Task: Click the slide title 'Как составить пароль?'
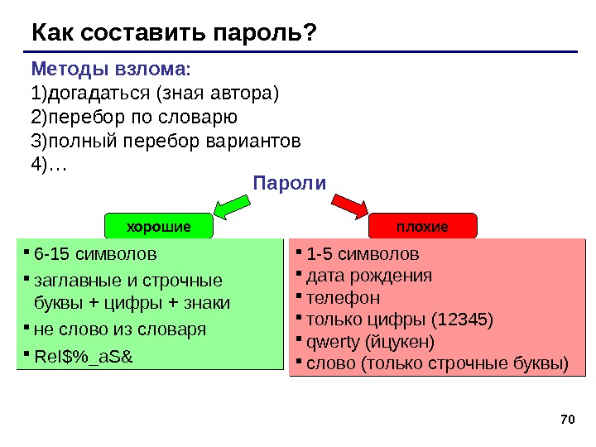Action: coord(174,33)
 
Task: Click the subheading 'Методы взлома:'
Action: coord(111,68)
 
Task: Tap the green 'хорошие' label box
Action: coord(157,225)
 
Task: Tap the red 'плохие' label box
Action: coord(422,225)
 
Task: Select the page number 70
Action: coord(567,420)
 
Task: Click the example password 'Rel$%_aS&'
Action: coord(83,357)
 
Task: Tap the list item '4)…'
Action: coord(48,165)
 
